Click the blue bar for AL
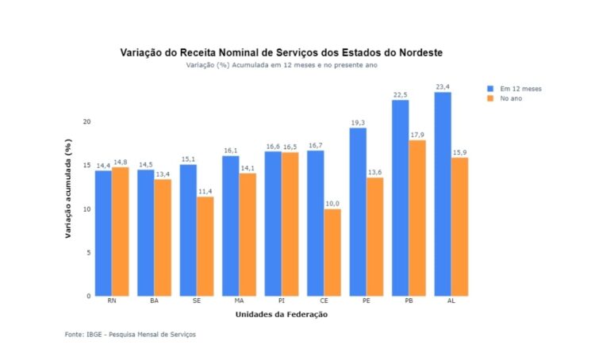(443, 194)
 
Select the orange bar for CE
(332, 252)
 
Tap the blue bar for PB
(401, 198)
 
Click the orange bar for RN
(120, 232)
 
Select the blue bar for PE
(358, 212)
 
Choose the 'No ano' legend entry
(510, 98)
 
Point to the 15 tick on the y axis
(88, 166)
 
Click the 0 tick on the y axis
(90, 296)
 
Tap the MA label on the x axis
(239, 302)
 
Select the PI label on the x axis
(282, 302)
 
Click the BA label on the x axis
(154, 302)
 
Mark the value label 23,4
(443, 86)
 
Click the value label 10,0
(332, 204)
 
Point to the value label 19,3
(358, 123)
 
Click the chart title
(281, 52)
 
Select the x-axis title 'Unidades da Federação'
(281, 315)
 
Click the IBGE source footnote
(130, 335)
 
